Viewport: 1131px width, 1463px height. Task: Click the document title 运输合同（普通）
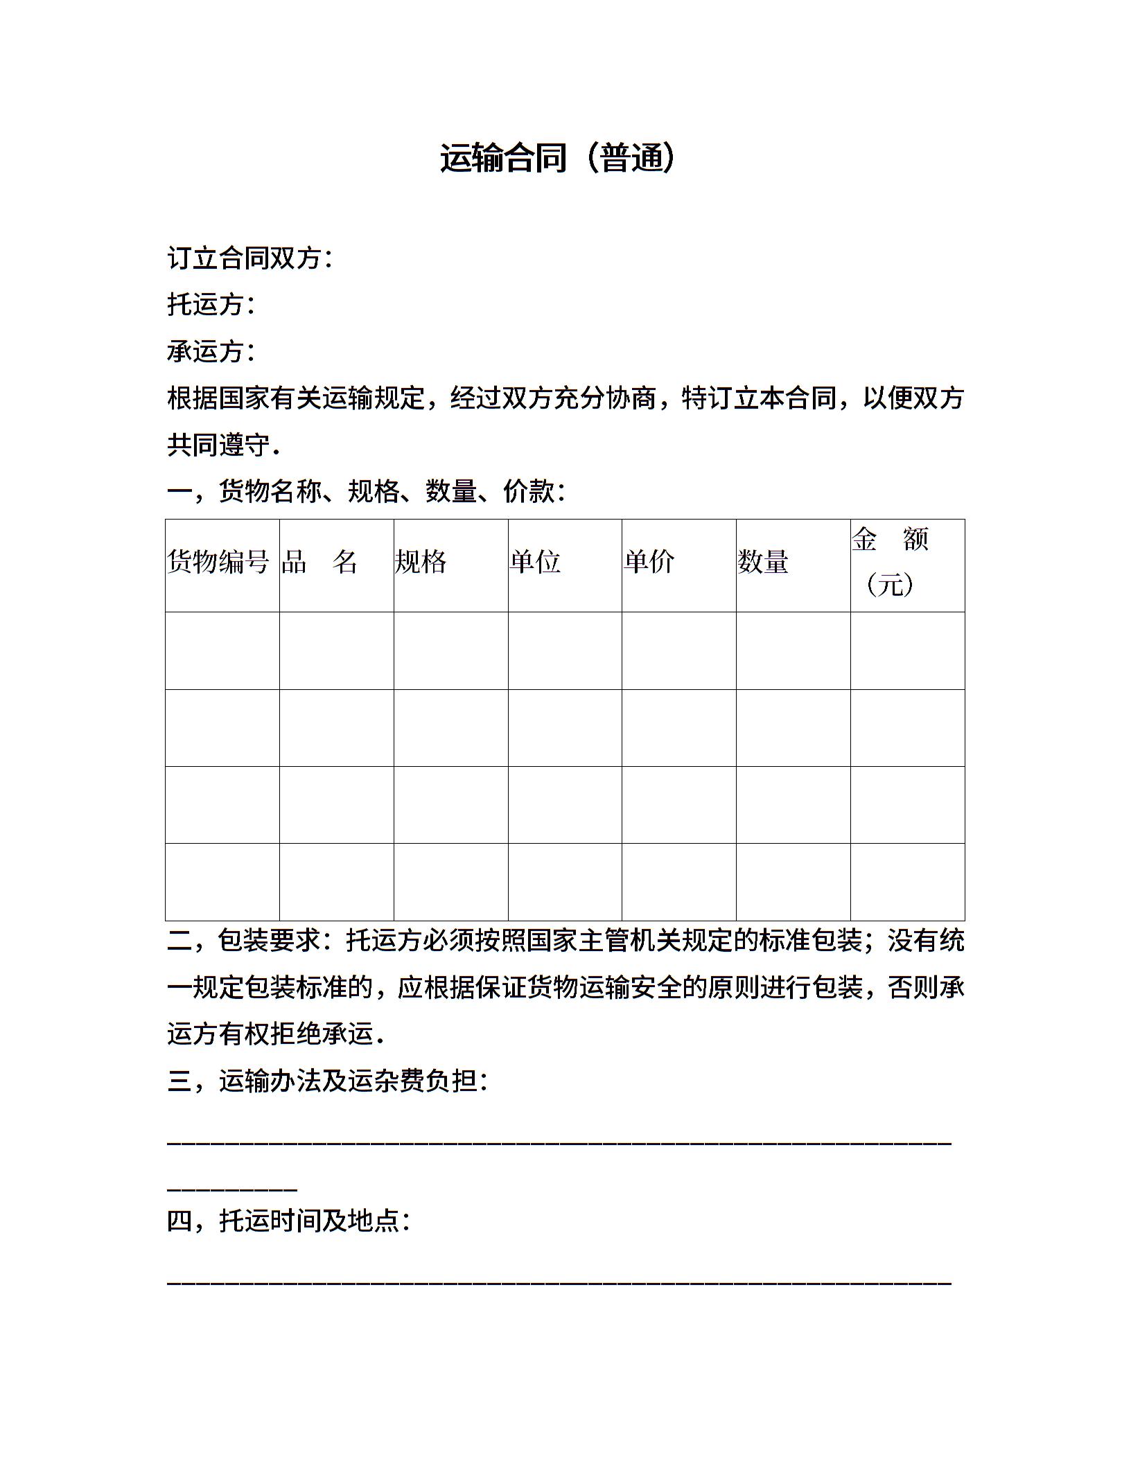[x=558, y=158]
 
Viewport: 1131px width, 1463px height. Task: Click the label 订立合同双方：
[x=250, y=258]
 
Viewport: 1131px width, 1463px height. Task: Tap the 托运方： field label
[x=211, y=304]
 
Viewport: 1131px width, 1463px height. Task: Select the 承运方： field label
[x=211, y=351]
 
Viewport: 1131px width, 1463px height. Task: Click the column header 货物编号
[x=219, y=562]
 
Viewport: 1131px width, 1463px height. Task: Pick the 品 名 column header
[x=319, y=562]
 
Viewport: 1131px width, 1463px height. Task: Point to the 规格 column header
[x=421, y=562]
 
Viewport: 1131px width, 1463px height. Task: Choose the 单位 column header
[x=535, y=562]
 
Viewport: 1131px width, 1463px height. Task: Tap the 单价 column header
[x=649, y=562]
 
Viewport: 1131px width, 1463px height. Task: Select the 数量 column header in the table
[x=763, y=562]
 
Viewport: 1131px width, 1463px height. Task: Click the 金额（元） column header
[x=891, y=562]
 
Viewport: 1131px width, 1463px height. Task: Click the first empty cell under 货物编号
[x=222, y=650]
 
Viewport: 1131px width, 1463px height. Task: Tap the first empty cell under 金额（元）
[x=907, y=650]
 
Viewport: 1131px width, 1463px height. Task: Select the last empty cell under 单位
[x=565, y=881]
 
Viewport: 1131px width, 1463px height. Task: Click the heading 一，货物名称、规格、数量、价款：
[x=367, y=492]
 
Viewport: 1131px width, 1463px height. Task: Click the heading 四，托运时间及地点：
[x=289, y=1221]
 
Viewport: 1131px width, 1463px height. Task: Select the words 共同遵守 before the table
[x=218, y=445]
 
